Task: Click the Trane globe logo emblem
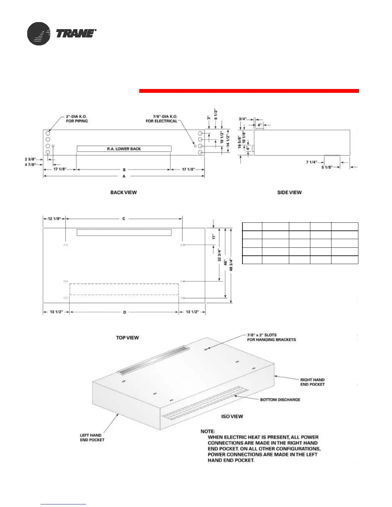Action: coord(39,34)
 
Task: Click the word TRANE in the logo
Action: coord(76,34)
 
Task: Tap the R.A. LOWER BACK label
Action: coord(124,149)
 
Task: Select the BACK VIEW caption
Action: coord(124,192)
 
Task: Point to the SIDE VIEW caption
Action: coord(289,192)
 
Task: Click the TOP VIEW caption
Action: coord(127,338)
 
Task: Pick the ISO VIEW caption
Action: coord(232,416)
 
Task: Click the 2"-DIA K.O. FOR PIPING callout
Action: coord(77,119)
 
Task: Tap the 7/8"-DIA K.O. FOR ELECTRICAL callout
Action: coord(162,119)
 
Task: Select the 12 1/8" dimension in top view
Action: coord(54,219)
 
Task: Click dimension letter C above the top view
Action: coord(124,219)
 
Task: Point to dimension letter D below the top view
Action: coord(125,312)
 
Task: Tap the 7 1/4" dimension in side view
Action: coord(311,162)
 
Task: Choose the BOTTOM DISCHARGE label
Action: coord(280,400)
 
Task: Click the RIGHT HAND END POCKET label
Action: coord(312,382)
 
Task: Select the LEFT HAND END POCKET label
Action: coord(92,438)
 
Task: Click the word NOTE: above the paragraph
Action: coord(208,431)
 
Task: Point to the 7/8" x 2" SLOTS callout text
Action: coord(271,337)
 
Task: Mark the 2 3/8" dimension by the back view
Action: coord(30,159)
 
